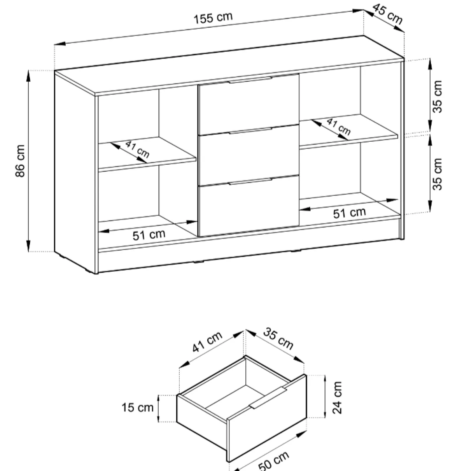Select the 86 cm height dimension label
20,161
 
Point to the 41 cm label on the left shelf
137,149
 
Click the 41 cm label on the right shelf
338,127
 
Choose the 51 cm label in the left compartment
149,235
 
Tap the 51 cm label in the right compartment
349,213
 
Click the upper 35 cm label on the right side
437,97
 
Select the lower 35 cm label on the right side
437,174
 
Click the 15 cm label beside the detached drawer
138,407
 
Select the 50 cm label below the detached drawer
273,461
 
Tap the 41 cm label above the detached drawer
207,342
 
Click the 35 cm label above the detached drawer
278,339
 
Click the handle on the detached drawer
268,401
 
